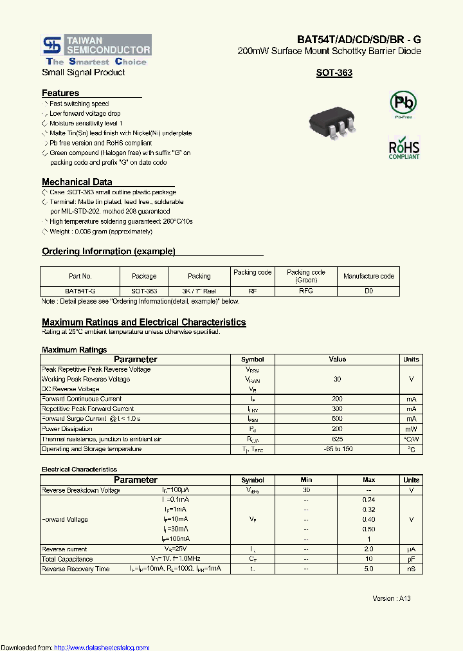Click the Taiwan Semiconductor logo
[96, 50]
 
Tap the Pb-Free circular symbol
[404, 103]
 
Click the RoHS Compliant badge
[404, 148]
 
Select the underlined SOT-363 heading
[334, 73]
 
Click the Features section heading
[60, 93]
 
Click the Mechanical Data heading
[77, 182]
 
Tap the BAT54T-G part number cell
[80, 291]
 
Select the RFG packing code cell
[306, 291]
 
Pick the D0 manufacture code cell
[368, 291]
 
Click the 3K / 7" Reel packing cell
[199, 291]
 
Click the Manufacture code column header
[368, 276]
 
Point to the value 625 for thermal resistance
[337, 439]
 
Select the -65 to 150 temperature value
[337, 449]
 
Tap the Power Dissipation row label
[67, 429]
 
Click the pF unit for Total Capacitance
[411, 559]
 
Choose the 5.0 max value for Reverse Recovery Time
[368, 569]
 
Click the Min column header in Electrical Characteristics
[306, 480]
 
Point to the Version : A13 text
[391, 598]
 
